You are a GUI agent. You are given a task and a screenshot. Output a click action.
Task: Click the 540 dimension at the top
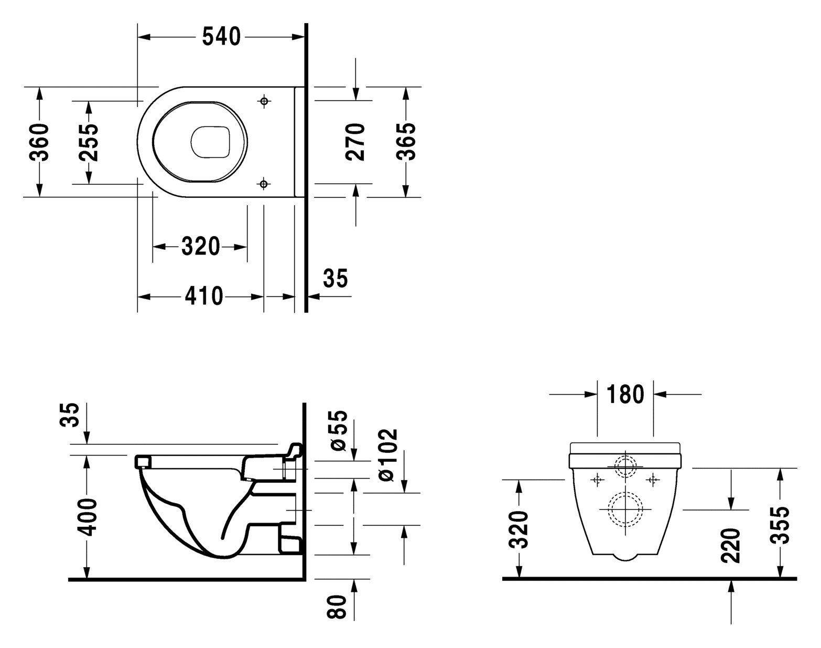tap(221, 37)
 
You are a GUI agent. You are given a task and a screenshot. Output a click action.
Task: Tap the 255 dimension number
tap(88, 143)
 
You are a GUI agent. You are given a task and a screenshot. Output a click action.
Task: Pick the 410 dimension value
tap(203, 296)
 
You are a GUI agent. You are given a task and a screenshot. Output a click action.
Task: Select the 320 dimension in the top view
tap(200, 246)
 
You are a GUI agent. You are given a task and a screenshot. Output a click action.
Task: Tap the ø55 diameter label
tap(339, 430)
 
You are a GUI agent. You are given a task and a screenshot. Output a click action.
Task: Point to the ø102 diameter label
tap(388, 454)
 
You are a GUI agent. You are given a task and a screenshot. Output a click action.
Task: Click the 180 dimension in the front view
tap(625, 394)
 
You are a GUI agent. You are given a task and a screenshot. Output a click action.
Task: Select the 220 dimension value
tap(730, 546)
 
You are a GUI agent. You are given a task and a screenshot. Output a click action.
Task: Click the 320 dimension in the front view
tap(519, 529)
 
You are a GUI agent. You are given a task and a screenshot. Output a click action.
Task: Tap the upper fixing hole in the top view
tap(264, 100)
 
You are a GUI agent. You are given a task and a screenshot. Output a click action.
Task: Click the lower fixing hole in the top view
tap(264, 183)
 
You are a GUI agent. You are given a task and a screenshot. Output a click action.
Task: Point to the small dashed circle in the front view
tap(625, 466)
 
